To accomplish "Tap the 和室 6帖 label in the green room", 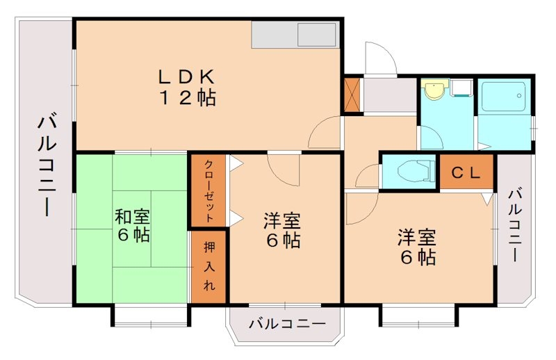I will [x=132, y=226].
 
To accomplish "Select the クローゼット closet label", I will [x=208, y=190].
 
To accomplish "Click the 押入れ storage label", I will [x=208, y=266].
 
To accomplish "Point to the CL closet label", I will [x=466, y=173].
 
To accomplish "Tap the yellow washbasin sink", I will [x=434, y=90].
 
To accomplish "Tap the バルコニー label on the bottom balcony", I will [x=286, y=324].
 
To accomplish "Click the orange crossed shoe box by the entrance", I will [x=352, y=95].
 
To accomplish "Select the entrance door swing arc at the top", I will [x=379, y=59].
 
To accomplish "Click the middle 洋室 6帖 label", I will [x=281, y=231].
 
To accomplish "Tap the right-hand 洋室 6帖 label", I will [x=416, y=247].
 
